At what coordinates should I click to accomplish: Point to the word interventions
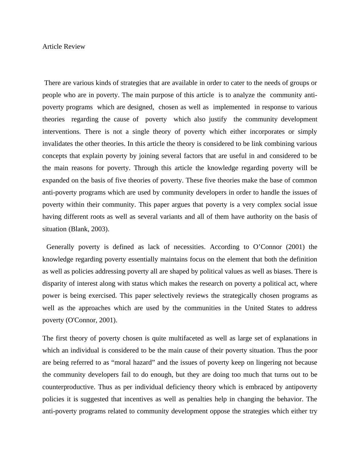pyautogui.click(x=61, y=132)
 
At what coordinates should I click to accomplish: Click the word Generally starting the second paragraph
pyautogui.click(x=60, y=247)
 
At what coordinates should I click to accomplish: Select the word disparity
pyautogui.click(x=54, y=284)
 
